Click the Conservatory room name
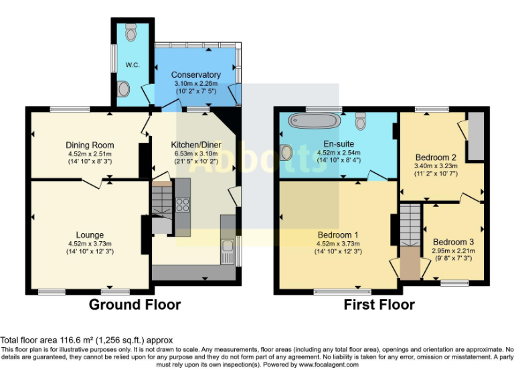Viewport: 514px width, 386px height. [x=195, y=74]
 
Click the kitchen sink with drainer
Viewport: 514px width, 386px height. [x=228, y=251]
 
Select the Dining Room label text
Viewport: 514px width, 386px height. [x=90, y=145]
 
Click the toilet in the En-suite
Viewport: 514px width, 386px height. [x=361, y=121]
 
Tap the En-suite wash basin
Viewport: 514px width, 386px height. [x=286, y=153]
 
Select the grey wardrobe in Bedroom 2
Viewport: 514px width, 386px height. [x=475, y=137]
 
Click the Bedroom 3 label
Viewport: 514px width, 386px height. [x=453, y=242]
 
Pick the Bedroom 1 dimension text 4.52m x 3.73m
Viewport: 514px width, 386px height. [x=338, y=243]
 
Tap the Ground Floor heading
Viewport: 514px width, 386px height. [x=135, y=305]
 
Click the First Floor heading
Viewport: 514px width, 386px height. [x=379, y=305]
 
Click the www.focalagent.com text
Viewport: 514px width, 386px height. [x=329, y=365]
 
